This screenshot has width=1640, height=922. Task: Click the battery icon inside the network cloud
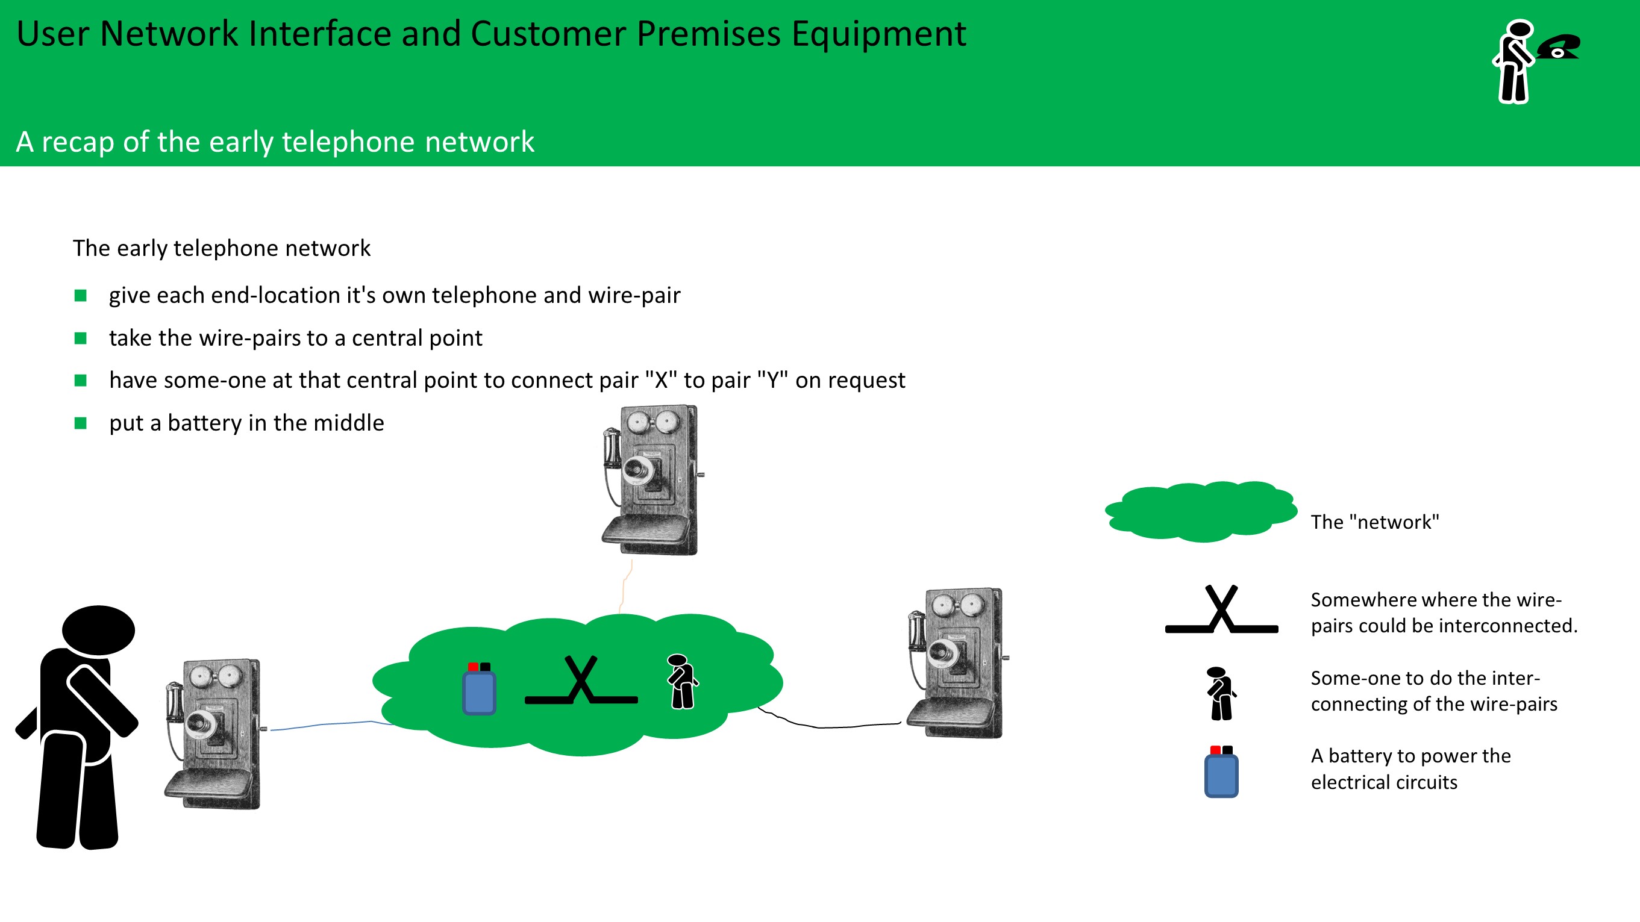click(480, 690)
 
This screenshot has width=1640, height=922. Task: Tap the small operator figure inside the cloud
click(682, 682)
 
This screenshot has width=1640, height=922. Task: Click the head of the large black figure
click(99, 630)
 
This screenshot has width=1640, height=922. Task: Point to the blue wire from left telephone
click(331, 724)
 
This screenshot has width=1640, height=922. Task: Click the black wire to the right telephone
click(828, 726)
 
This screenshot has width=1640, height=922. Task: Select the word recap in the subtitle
click(78, 142)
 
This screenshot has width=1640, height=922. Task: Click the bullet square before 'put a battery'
click(80, 423)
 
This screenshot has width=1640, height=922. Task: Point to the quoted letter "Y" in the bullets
click(772, 381)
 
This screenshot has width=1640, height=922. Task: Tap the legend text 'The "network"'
click(1374, 522)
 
